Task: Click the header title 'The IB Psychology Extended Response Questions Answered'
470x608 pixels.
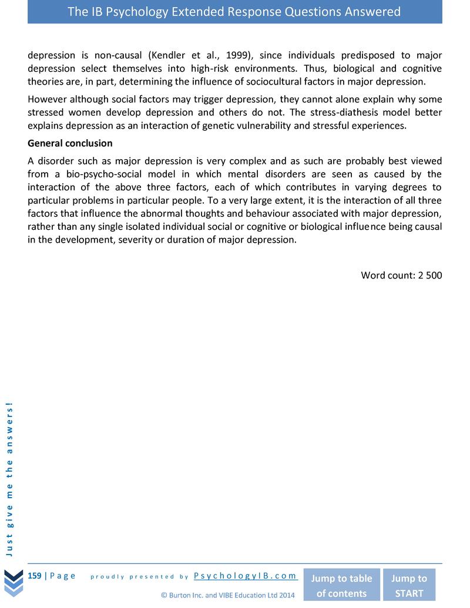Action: (x=234, y=12)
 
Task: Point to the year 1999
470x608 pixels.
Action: (x=238, y=56)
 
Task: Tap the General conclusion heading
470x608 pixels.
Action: (x=70, y=143)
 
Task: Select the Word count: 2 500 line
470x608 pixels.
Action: (x=401, y=275)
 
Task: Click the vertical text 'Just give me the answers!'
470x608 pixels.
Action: (x=10, y=479)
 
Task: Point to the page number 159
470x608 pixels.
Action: (x=35, y=576)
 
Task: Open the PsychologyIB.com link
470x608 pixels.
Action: (x=246, y=576)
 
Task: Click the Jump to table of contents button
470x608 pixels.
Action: (x=341, y=586)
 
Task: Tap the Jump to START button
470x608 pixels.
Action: (x=409, y=586)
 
